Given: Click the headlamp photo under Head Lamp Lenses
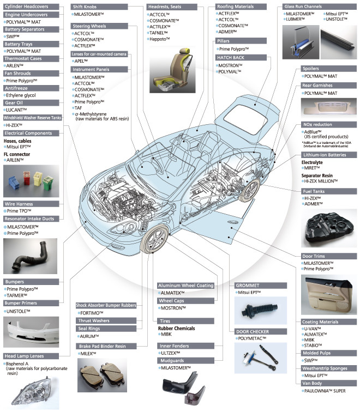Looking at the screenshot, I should pos(32,393).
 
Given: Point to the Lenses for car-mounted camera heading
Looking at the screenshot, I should pos(100,55).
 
